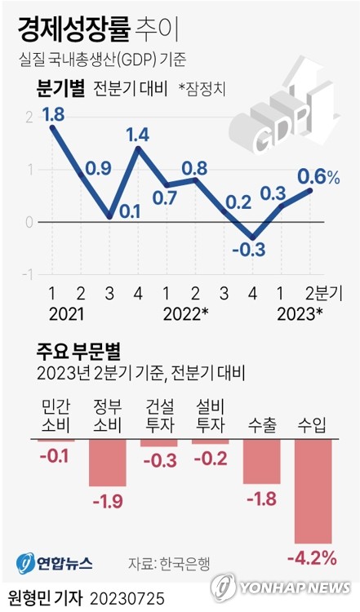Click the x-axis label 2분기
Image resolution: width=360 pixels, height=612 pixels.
tap(325, 294)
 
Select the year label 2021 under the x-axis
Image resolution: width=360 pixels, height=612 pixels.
tap(65, 313)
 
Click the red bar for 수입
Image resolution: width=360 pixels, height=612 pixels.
tap(313, 490)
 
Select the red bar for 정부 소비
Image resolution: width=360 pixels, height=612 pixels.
tap(107, 463)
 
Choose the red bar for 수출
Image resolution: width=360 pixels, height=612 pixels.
tap(262, 461)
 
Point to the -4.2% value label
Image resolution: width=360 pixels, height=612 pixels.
tap(312, 557)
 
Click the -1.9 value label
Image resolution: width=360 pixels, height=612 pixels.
tap(107, 499)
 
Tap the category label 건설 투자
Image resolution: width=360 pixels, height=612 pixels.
tap(158, 415)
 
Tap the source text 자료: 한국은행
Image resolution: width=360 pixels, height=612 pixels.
tap(169, 563)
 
